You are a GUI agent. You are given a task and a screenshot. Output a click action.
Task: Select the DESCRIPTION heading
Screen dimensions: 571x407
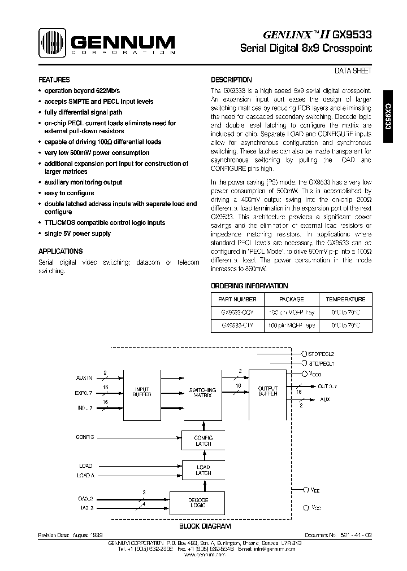(x=231, y=80)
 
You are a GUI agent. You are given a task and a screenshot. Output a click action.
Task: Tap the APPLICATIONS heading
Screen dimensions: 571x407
(x=60, y=251)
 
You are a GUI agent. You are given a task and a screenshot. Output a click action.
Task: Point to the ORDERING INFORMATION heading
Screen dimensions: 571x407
(x=249, y=286)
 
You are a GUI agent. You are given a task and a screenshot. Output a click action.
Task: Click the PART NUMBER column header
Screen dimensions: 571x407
(x=237, y=300)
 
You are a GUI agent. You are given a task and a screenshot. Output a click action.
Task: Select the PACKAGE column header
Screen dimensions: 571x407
(x=292, y=300)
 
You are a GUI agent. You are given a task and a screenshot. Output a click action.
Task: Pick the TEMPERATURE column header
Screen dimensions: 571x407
(x=345, y=300)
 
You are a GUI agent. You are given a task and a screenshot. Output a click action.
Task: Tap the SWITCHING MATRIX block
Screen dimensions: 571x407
(x=202, y=393)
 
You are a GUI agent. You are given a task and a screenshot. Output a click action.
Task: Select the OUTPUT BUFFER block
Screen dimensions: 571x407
(x=268, y=391)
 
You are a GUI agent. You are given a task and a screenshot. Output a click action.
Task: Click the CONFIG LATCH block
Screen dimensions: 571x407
(x=203, y=441)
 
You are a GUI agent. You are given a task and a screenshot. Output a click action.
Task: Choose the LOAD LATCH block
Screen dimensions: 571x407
(x=203, y=470)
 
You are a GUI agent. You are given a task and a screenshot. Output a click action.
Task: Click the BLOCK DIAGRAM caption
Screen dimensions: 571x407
(x=205, y=526)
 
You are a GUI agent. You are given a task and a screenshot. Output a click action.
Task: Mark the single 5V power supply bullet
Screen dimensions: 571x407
(x=77, y=234)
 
